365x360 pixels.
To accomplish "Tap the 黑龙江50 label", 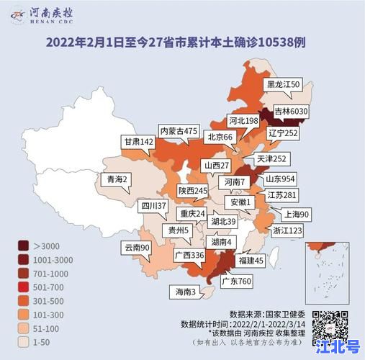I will click(x=284, y=84).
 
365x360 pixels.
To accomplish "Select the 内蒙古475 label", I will click(x=179, y=131).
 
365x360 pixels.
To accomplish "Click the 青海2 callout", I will click(x=117, y=179).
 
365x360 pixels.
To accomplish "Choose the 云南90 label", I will click(x=137, y=248).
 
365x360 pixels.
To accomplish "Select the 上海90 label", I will click(x=296, y=214).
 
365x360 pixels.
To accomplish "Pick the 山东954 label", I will click(x=281, y=179).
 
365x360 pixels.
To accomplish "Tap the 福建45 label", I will click(x=251, y=259).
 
